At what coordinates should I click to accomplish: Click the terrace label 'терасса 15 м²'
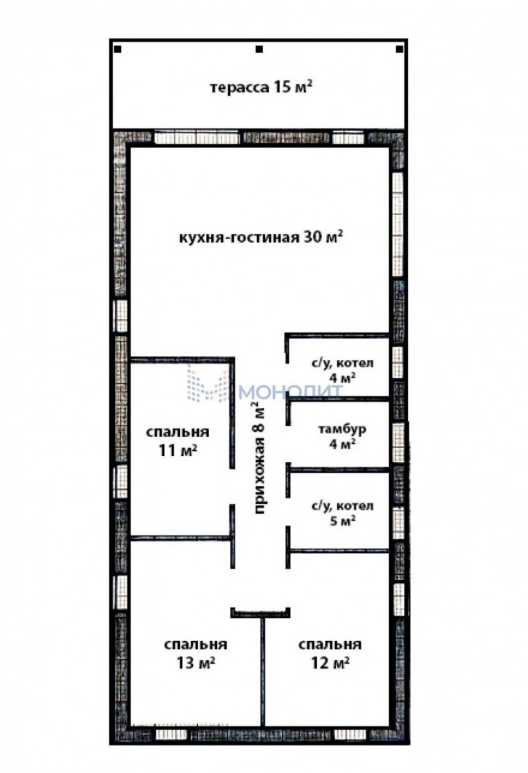pos(261,87)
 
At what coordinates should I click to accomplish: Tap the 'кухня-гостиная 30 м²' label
pos(261,237)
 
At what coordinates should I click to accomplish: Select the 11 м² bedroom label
pos(178,441)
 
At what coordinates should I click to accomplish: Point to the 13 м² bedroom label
pos(196,654)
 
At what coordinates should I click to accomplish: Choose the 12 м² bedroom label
pos(330,654)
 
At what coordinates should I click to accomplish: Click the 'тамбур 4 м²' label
pos(342,436)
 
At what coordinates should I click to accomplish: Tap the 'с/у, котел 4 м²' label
pos(342,370)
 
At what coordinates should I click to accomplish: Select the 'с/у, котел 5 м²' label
pos(342,513)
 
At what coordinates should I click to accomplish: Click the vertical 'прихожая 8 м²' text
pos(259,458)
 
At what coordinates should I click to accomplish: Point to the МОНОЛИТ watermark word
pos(291,392)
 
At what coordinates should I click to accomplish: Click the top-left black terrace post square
pos(118,50)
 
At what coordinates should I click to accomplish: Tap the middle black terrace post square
pos(259,50)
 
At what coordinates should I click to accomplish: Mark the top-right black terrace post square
pos(400,50)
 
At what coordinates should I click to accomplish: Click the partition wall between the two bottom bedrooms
pos(263,672)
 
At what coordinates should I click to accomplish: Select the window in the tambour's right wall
pos(398,443)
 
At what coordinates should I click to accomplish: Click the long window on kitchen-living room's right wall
pos(398,224)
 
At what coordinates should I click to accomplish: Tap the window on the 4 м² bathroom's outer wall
pos(398,362)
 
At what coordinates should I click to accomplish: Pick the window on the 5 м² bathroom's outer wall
pos(398,522)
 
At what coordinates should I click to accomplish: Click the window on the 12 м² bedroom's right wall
pos(399,598)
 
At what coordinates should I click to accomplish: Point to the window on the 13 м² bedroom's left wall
pos(120,592)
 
